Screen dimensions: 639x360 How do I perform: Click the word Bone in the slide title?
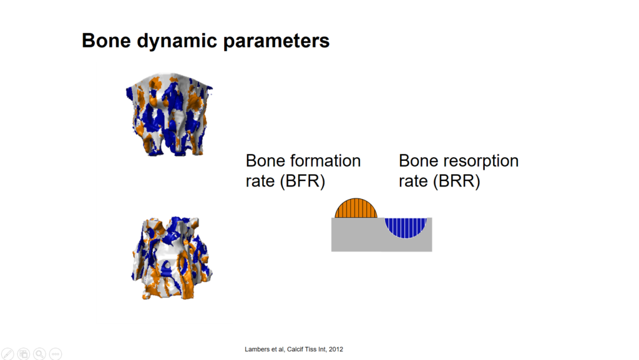pos(106,41)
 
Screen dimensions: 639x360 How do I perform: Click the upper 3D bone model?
pos(168,114)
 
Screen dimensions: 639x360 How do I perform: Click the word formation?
pos(326,160)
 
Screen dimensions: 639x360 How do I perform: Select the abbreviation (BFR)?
pos(303,181)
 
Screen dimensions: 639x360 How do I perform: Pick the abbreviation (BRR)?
pos(456,181)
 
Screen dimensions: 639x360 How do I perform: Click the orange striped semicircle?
pos(356,208)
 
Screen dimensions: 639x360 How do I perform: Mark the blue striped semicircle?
pos(406,227)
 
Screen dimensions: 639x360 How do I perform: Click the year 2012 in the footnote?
pos(336,349)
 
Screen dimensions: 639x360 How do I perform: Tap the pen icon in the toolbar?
pos(7,354)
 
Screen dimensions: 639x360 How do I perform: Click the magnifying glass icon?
pos(39,354)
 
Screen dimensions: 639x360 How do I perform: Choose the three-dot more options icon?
pos(56,354)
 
